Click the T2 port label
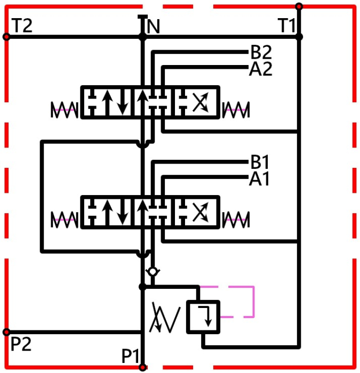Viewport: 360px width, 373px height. (x=22, y=26)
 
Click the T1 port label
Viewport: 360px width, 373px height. (x=286, y=26)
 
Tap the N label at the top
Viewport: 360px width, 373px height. (x=154, y=27)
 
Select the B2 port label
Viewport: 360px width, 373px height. (x=261, y=52)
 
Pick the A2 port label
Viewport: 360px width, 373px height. (x=260, y=69)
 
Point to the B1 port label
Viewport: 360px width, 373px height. (x=260, y=162)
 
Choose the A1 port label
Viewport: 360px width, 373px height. (x=259, y=179)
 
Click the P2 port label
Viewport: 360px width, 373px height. (x=21, y=344)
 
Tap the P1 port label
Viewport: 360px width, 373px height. (x=130, y=356)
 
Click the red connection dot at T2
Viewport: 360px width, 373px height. (x=6, y=37)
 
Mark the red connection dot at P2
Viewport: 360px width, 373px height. (x=6, y=332)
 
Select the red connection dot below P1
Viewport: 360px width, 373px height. (x=142, y=368)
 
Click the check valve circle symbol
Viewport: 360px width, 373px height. (x=153, y=271)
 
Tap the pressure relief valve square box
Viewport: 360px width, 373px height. (x=203, y=317)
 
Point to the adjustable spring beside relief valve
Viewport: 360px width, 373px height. (x=165, y=318)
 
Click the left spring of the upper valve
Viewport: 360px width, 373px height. (x=65, y=110)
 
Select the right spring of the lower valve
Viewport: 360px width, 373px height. (x=236, y=220)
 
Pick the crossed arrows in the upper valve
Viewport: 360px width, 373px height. (x=201, y=102)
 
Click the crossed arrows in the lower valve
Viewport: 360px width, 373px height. (x=201, y=212)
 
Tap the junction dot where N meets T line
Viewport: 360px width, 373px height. (x=142, y=37)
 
